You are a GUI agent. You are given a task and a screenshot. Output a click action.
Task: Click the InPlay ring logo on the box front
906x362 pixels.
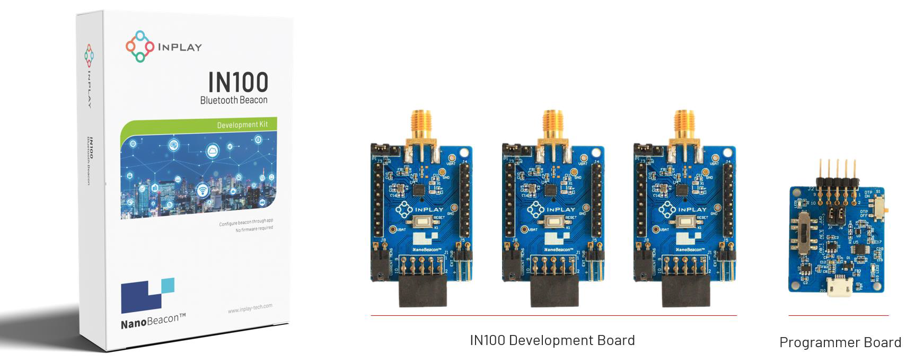coord(139,46)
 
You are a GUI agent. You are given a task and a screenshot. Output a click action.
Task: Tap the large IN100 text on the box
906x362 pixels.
coord(238,82)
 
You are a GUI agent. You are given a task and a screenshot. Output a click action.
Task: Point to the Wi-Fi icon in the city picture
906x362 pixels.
coord(203,190)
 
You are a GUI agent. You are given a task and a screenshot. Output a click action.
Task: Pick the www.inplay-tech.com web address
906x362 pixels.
coord(250,308)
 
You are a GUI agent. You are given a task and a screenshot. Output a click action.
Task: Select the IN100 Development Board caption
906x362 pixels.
coord(552,340)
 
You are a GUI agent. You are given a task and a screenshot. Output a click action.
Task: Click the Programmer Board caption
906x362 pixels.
coord(840,342)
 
